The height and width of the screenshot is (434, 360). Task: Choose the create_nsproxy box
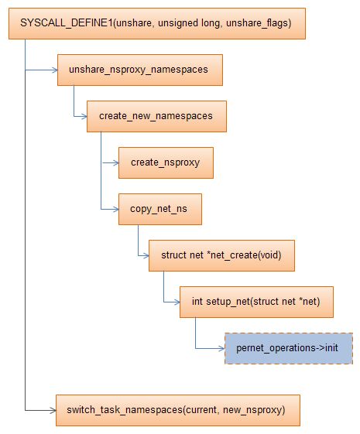click(165, 162)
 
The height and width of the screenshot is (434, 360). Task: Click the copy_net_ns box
click(159, 209)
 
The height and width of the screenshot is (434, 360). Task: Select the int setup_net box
click(255, 302)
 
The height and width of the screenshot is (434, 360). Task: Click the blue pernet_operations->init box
click(288, 347)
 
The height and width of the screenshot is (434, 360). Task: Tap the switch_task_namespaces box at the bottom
click(177, 408)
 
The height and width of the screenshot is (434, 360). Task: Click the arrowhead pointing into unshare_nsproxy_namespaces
click(55, 70)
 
